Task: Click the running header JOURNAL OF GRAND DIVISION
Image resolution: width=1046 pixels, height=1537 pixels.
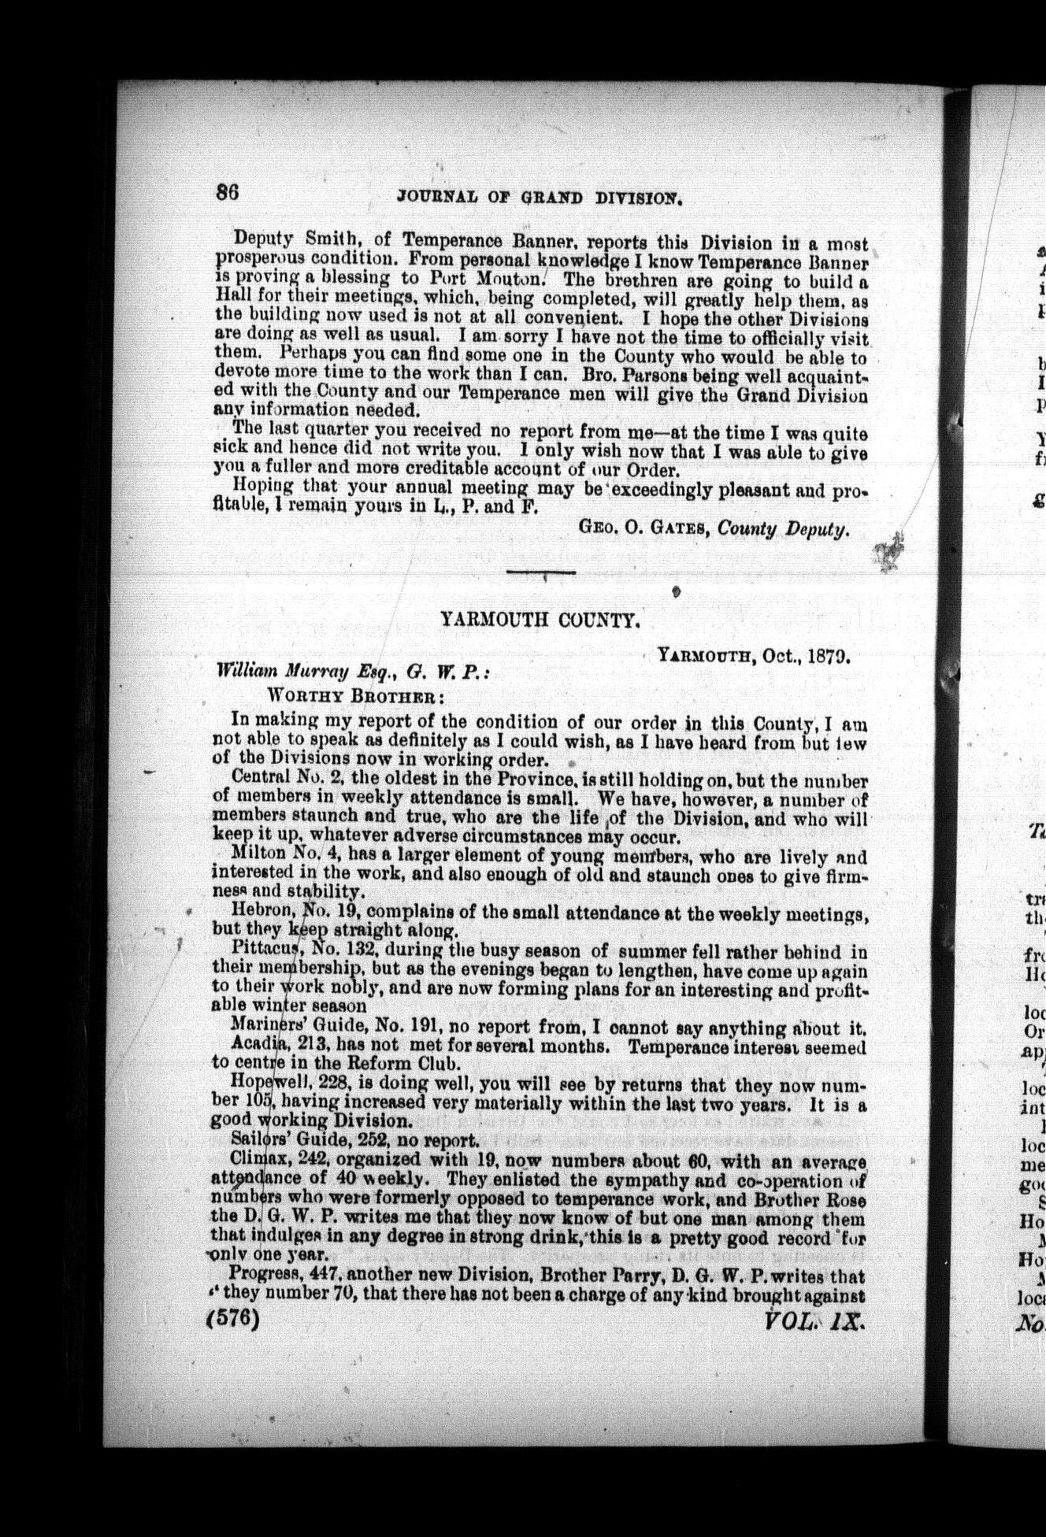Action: coord(540,197)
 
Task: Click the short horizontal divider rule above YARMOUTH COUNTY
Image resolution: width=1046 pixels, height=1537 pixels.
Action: coord(540,572)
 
